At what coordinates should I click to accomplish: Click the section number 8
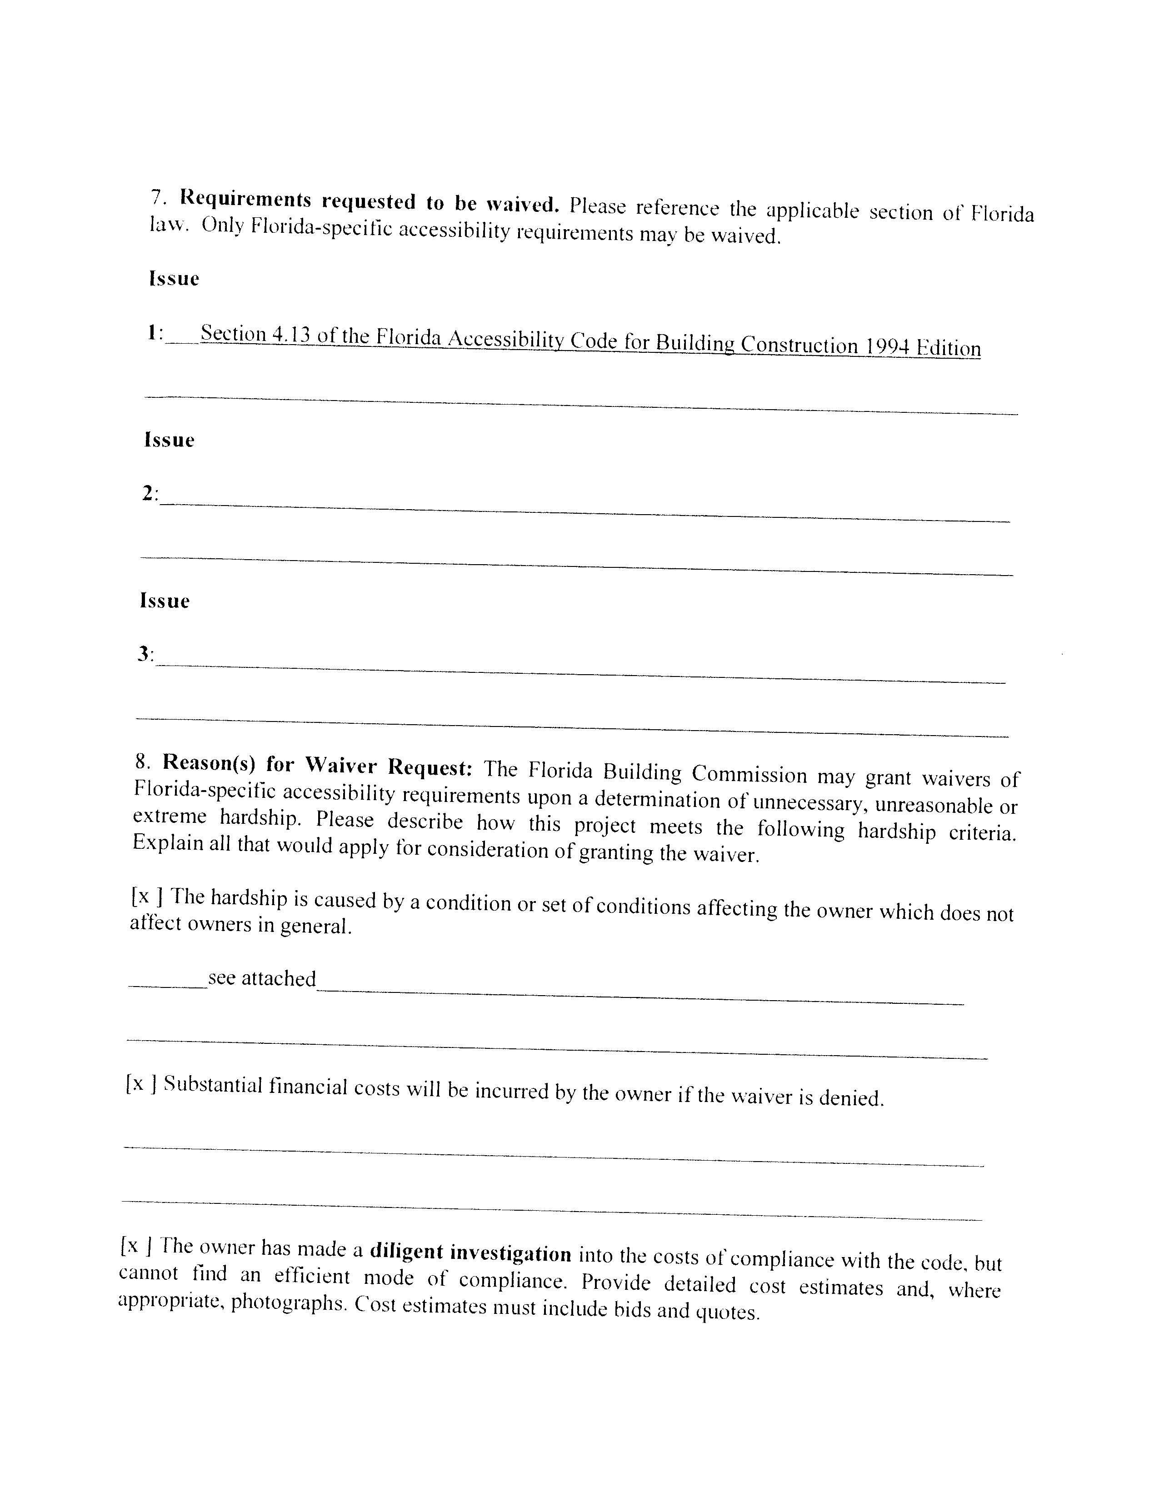[x=142, y=761]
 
